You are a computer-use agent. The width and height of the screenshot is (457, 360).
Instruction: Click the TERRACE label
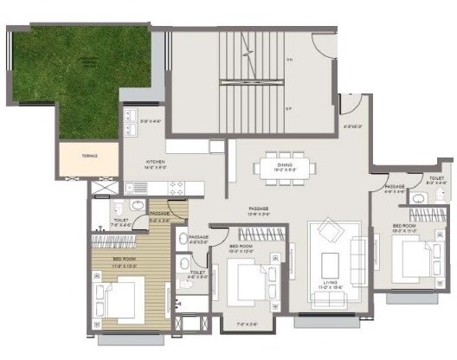coord(89,156)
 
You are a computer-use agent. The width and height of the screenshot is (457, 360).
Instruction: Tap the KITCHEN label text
coord(156,162)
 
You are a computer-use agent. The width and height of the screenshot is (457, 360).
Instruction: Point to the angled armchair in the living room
coord(328,232)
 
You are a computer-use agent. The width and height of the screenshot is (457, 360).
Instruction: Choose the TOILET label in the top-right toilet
coord(435,180)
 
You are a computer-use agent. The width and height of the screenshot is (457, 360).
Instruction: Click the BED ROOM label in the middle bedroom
coord(241,247)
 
